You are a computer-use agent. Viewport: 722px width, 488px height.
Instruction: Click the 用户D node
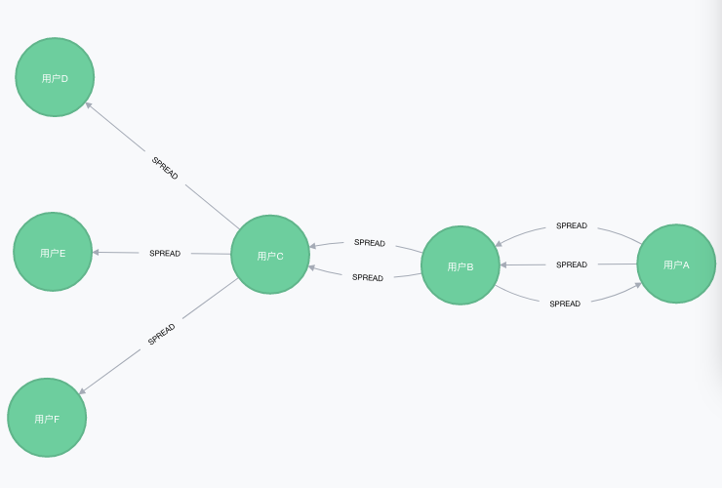click(x=55, y=77)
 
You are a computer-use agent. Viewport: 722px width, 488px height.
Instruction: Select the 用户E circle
click(x=53, y=252)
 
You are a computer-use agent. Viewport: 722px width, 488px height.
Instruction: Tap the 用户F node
click(x=47, y=418)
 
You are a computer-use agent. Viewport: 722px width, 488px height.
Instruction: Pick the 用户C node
click(x=270, y=255)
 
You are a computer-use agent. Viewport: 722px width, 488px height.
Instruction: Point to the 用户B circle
click(x=461, y=264)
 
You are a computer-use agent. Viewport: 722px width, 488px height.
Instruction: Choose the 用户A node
click(x=676, y=264)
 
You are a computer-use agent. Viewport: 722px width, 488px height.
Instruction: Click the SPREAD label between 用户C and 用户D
click(x=165, y=168)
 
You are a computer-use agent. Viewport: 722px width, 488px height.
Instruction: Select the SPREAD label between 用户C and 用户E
click(x=165, y=254)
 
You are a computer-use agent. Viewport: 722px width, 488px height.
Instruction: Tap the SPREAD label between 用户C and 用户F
click(x=161, y=334)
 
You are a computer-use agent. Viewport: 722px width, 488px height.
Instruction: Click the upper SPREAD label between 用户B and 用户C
click(x=370, y=243)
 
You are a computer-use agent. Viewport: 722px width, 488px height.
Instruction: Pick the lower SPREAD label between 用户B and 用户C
click(x=368, y=277)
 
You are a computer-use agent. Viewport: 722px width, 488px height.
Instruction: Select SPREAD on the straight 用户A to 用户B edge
click(x=572, y=264)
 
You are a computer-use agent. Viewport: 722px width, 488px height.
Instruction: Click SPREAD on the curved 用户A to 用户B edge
click(x=572, y=225)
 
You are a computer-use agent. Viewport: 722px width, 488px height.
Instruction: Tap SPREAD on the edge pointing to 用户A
click(x=565, y=304)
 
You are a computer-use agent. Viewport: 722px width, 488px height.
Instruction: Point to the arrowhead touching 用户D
click(x=89, y=105)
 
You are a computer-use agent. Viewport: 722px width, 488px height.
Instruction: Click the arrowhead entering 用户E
click(x=96, y=252)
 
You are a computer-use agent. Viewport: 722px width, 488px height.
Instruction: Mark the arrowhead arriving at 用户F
click(x=82, y=391)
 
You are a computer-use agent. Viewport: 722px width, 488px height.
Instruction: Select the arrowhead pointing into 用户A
click(x=638, y=285)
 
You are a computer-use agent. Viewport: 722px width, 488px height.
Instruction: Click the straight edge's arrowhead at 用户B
click(x=503, y=264)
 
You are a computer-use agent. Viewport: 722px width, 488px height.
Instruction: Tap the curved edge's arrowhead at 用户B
click(x=499, y=243)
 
